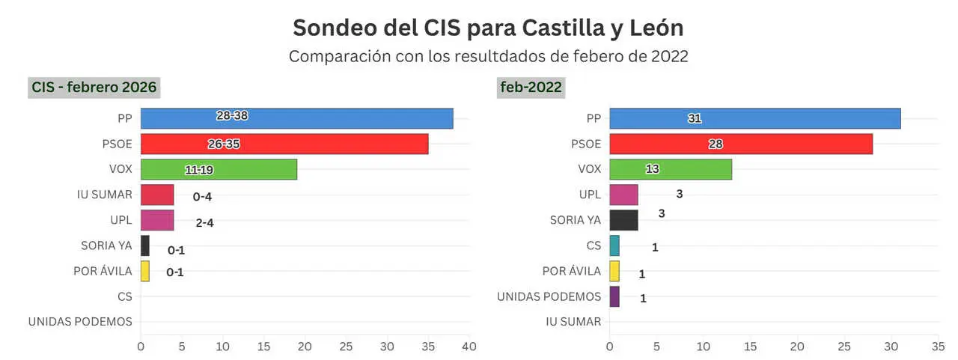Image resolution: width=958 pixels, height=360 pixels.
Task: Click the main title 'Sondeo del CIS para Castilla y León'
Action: pos(487,28)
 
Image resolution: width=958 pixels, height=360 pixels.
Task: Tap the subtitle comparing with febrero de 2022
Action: pos(488,57)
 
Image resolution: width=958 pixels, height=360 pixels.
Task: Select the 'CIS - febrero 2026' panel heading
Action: pos(94,88)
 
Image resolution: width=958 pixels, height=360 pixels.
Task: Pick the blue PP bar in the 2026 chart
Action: pos(296,118)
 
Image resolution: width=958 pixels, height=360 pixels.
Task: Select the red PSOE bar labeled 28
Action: pos(740,144)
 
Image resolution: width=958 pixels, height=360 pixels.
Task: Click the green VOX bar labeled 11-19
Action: pos(219,169)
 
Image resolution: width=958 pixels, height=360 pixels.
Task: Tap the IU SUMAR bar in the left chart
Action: pos(157,195)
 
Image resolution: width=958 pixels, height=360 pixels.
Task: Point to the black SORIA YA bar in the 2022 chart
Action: pos(623,220)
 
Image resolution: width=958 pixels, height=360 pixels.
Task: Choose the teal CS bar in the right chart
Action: pos(614,245)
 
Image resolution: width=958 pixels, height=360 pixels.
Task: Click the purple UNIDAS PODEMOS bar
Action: pos(614,296)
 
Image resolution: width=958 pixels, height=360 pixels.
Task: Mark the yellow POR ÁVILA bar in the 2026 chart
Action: pos(145,271)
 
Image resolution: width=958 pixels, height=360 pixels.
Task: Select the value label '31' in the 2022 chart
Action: pos(695,118)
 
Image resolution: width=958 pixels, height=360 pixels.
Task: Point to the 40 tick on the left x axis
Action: pos(469,347)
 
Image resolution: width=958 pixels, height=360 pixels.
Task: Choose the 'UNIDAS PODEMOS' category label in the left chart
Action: pos(80,322)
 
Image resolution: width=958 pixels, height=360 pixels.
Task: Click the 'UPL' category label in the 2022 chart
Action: pos(590,195)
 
